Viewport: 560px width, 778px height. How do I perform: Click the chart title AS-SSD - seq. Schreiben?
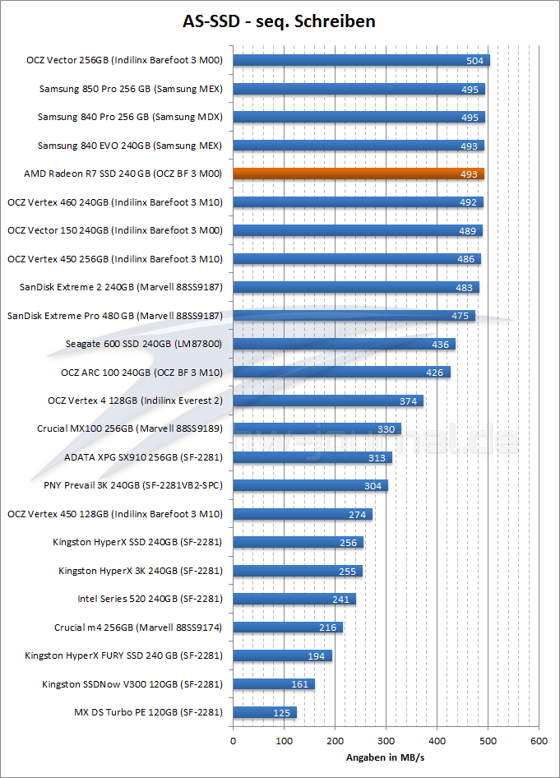coord(280,21)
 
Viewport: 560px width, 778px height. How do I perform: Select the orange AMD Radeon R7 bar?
coord(359,174)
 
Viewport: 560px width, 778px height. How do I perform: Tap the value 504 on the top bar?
coord(475,60)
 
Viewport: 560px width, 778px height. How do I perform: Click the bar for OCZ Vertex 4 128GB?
coord(328,401)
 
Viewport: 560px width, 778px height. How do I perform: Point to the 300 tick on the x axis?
coord(386,741)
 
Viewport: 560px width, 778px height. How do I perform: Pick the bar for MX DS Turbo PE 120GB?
coord(265,712)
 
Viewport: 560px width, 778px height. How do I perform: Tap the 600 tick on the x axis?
coord(539,741)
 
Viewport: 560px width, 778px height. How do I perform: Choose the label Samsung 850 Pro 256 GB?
coord(131,89)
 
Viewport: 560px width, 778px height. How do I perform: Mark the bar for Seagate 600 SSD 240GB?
coord(344,344)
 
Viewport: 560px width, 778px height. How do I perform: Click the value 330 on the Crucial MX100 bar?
coord(386,429)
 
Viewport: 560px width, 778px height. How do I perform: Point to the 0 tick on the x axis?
coord(234,741)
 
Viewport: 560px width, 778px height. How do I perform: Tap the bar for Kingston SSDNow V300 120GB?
coord(274,684)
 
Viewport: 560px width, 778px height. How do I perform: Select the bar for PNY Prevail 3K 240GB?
coord(310,485)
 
